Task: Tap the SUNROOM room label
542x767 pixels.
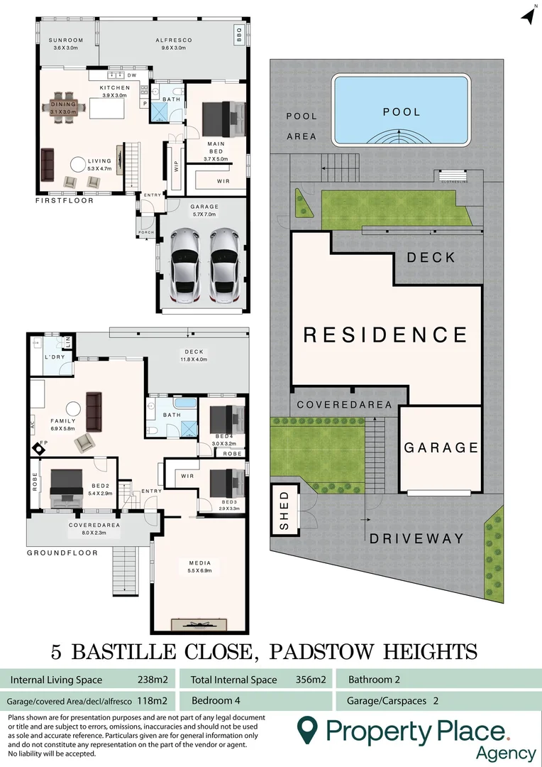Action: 67,40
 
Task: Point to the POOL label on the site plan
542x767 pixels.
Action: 402,111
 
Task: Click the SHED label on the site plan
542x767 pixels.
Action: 284,510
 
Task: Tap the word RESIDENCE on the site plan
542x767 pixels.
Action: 386,334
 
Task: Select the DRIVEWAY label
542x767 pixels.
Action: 416,538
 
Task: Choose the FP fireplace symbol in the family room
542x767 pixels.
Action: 38,448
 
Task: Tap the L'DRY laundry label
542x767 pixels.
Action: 55,357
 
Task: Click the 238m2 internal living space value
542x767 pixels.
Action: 152,680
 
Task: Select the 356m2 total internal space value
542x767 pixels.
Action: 311,680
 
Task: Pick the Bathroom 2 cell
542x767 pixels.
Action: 374,680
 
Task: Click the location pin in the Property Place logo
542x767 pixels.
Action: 306,729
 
